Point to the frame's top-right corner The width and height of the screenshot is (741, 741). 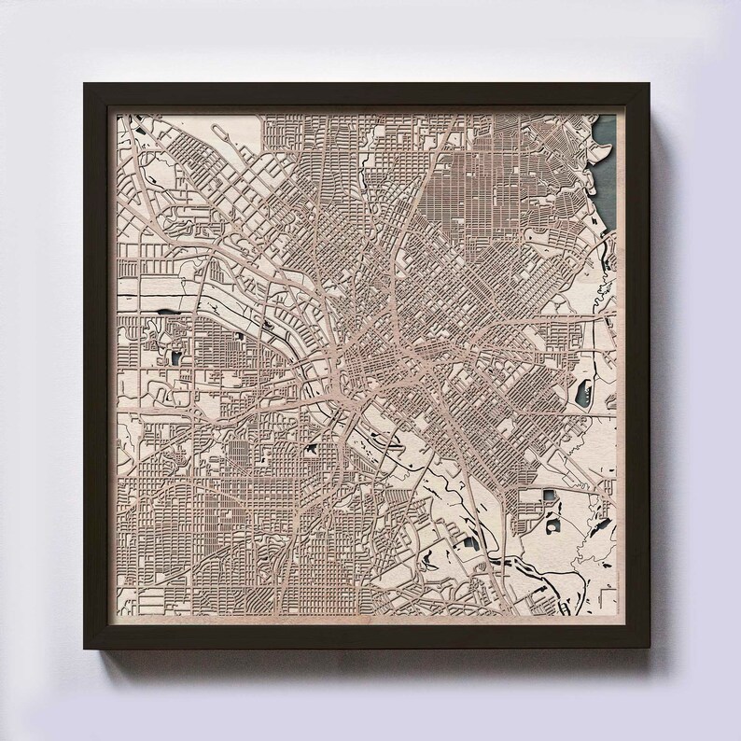(661, 85)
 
